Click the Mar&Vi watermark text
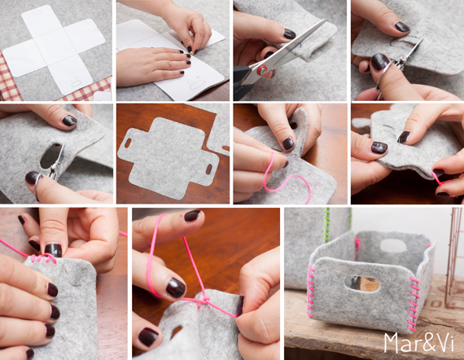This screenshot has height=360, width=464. (418, 343)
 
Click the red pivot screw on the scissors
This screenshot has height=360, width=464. (262, 71)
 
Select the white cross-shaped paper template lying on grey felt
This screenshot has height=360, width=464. (54, 49)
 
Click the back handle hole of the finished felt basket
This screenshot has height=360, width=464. (393, 245)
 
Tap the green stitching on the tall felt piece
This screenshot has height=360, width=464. (326, 225)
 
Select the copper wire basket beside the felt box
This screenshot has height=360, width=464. (454, 257)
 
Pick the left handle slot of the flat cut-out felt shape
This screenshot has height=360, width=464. (128, 143)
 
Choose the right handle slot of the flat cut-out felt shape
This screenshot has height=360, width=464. (209, 169)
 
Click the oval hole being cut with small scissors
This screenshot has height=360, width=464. (51, 156)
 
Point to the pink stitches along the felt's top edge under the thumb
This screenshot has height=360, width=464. (43, 258)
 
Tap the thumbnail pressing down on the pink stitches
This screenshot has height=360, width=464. (53, 250)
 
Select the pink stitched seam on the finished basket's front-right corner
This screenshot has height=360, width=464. (414, 305)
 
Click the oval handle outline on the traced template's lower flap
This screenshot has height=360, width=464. (196, 85)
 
